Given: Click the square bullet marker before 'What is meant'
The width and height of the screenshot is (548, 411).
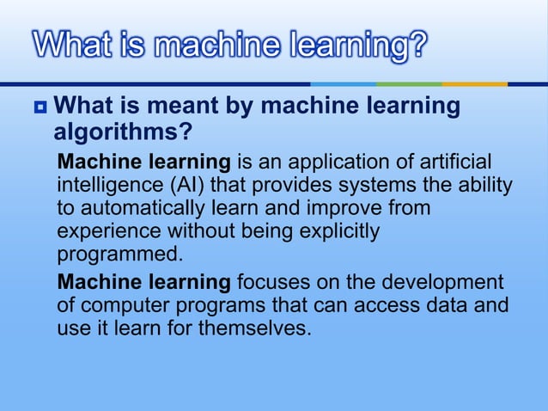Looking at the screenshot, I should click(x=40, y=108).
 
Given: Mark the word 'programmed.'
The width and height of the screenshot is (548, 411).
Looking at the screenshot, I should click(x=120, y=255).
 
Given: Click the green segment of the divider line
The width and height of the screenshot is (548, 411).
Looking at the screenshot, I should click(x=409, y=84).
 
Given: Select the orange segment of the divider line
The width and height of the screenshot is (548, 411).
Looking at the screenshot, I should click(x=474, y=84).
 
